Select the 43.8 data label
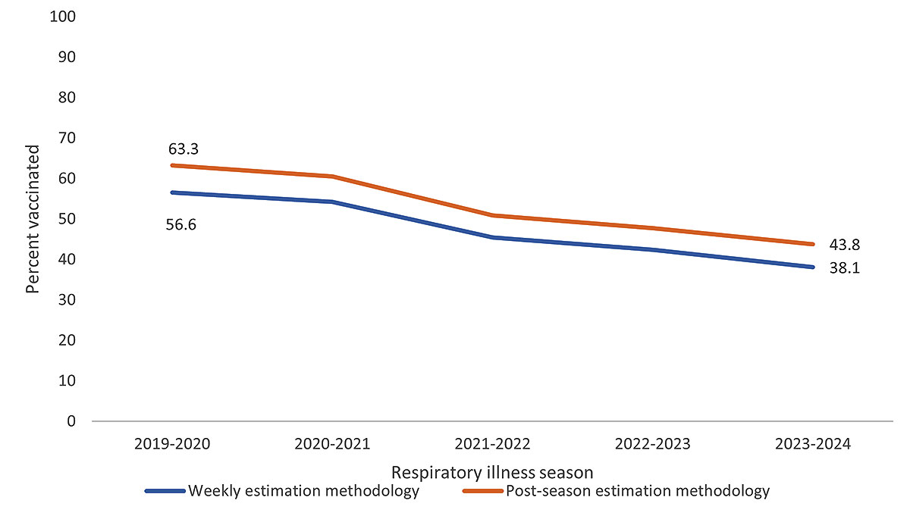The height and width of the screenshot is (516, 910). [844, 245]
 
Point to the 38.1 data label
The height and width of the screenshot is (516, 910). [844, 267]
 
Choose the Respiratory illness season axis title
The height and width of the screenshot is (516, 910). [491, 473]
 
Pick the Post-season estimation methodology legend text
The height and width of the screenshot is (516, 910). [637, 491]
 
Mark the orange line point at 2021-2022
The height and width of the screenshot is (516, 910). [493, 215]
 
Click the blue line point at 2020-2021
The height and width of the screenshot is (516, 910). [333, 202]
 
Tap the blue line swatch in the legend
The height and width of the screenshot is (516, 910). [165, 492]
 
